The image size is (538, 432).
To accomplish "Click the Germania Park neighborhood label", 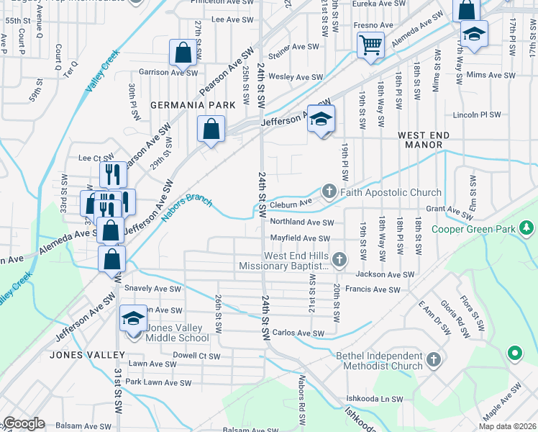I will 193,105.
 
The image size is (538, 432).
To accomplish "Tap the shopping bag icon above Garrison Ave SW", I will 183,53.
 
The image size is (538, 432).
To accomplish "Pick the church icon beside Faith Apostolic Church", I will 329,192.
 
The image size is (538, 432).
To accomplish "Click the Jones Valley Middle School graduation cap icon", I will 133,318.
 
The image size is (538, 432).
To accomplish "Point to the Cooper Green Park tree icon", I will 527,228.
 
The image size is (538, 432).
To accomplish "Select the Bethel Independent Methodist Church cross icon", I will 433,359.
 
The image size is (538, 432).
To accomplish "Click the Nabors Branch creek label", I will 186,207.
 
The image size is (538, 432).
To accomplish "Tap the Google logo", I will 24,423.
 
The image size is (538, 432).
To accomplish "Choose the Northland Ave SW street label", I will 301,223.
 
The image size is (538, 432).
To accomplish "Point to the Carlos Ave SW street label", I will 298,333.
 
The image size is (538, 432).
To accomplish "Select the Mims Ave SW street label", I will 491,75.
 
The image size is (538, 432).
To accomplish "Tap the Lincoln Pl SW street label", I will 476,114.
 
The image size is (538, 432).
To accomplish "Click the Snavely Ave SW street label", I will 152,289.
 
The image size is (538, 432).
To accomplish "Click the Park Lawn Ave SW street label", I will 158,383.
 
